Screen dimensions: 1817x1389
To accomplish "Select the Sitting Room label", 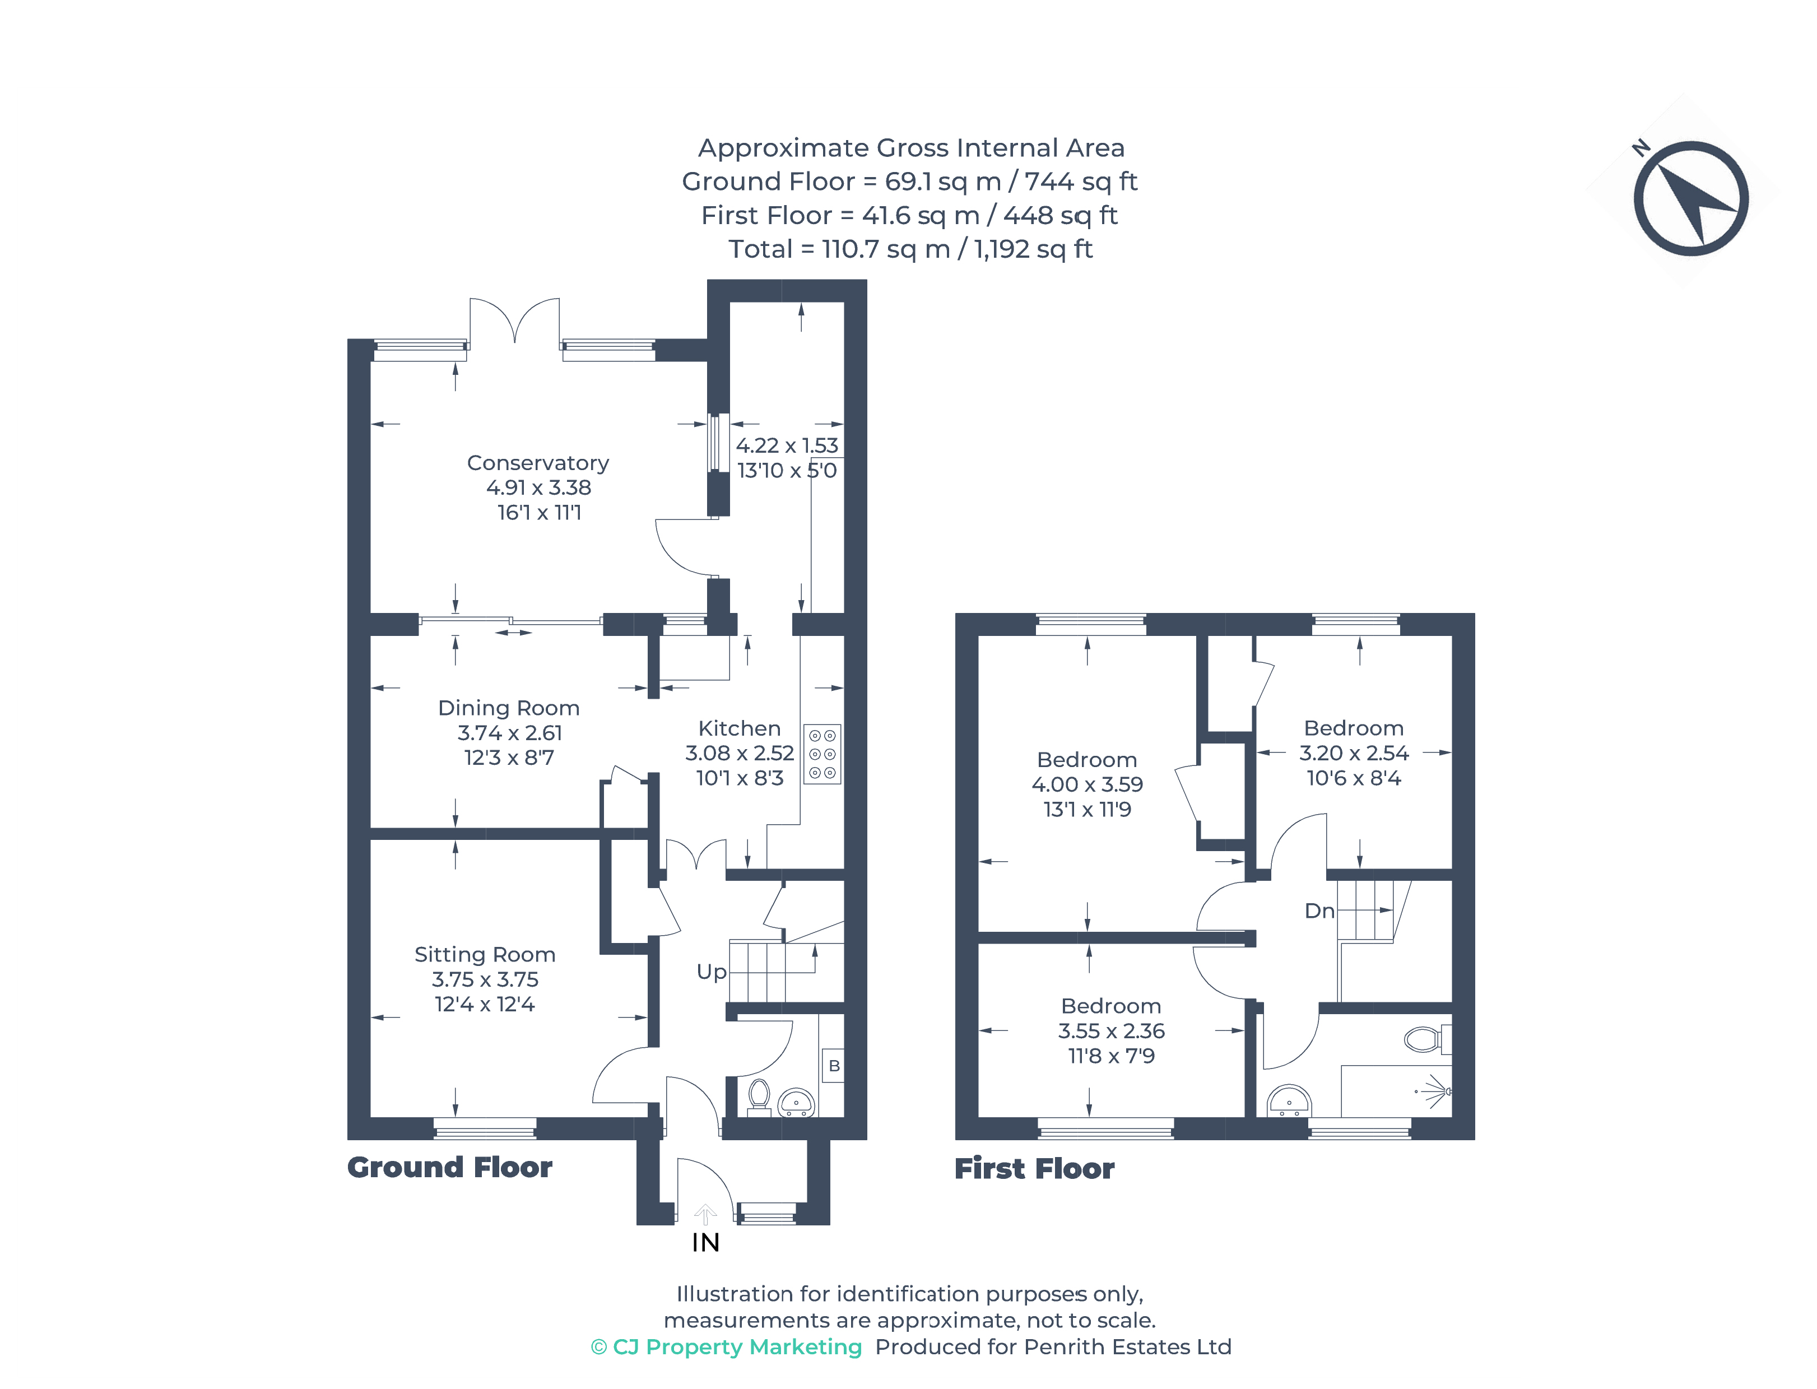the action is (485, 954).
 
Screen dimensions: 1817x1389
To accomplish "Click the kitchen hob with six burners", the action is (822, 754).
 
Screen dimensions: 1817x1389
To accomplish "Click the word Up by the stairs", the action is (711, 972).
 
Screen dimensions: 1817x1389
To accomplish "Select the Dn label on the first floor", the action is (1319, 911).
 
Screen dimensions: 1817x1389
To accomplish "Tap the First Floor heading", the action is (1034, 1168).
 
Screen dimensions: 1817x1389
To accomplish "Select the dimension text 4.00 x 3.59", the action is (1087, 784).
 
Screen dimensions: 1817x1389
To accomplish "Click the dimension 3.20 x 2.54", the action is (1353, 753).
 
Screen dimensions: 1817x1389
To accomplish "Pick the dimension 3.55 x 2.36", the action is (1111, 1031).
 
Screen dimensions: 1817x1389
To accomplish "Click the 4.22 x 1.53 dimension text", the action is (787, 445).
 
